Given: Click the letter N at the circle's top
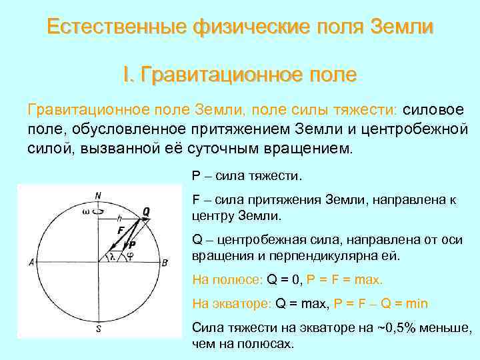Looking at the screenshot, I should point(99,195).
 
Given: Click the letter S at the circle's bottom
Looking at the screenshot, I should point(99,328).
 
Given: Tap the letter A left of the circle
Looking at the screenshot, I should point(31,263).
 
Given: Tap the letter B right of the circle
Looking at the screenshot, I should point(165,263).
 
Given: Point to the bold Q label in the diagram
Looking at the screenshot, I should point(146,211).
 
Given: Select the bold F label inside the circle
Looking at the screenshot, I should point(121,230).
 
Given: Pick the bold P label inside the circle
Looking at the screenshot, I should point(132,245).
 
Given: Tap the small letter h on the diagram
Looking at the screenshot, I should point(119,217).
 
